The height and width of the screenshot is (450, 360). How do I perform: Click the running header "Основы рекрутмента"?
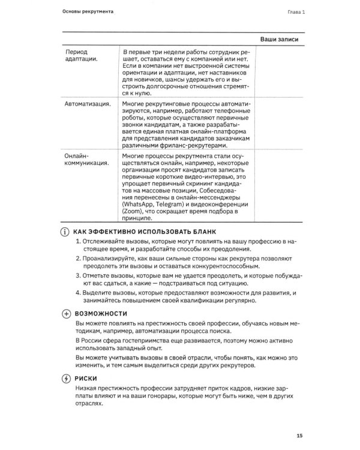point(89,12)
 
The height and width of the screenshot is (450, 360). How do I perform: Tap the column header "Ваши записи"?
point(280,40)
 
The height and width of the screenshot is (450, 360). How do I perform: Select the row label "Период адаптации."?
point(81,56)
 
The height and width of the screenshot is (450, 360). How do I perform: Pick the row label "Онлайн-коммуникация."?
point(86,159)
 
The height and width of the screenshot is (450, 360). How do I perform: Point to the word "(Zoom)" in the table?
point(132,212)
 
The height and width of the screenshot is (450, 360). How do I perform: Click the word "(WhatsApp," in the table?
point(140,204)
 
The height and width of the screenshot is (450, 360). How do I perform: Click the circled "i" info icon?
point(66,232)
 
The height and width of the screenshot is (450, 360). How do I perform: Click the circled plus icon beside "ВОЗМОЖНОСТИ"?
point(66,314)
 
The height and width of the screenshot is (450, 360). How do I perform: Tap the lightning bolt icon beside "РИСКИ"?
point(66,378)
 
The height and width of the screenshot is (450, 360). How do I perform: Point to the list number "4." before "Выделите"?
point(79,292)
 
